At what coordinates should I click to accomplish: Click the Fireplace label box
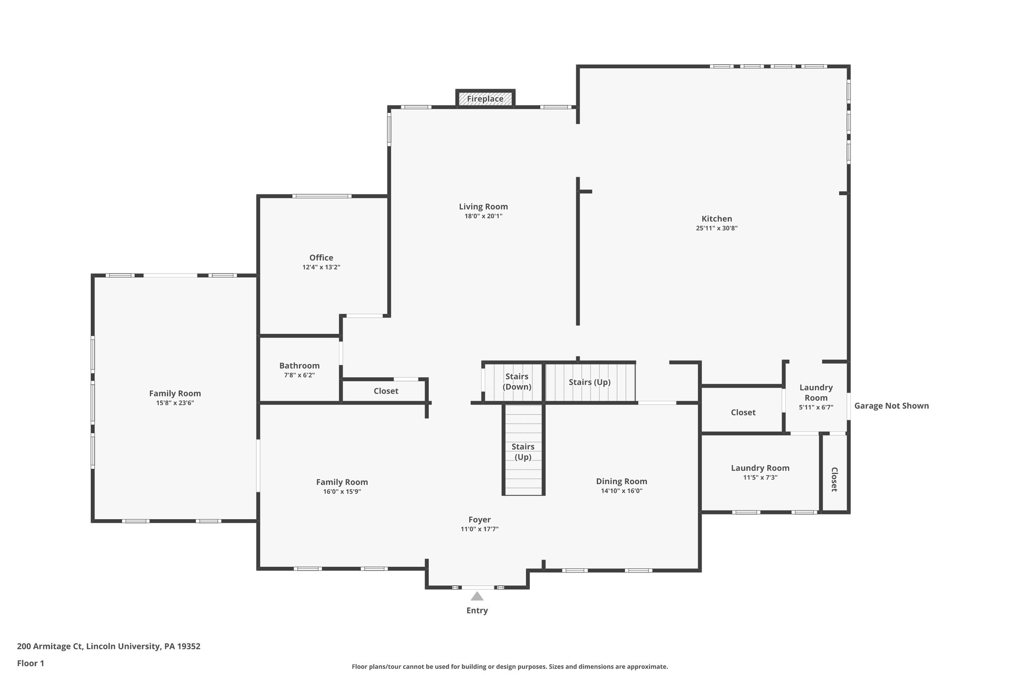[x=485, y=99]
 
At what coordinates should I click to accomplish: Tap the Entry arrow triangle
[x=477, y=596]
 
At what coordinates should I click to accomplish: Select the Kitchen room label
[x=717, y=219]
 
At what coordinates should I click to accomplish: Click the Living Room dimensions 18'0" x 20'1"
[x=483, y=216]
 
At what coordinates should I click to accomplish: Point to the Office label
[x=321, y=258]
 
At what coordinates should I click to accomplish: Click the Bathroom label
[x=299, y=366]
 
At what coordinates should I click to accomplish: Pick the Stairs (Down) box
[x=516, y=382]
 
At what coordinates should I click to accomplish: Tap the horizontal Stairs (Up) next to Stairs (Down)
[x=590, y=382]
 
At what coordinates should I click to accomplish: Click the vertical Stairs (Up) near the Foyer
[x=523, y=451]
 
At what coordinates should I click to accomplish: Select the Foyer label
[x=479, y=520]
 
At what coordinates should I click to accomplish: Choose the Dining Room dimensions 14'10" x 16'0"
[x=622, y=491]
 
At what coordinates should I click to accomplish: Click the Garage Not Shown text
[x=892, y=406]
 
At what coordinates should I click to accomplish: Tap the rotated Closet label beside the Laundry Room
[x=834, y=479]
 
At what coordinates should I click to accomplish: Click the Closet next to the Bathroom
[x=386, y=391]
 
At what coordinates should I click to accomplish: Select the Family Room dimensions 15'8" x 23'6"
[x=175, y=403]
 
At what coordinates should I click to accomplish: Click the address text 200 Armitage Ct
[x=109, y=646]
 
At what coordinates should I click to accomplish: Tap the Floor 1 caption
[x=30, y=663]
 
